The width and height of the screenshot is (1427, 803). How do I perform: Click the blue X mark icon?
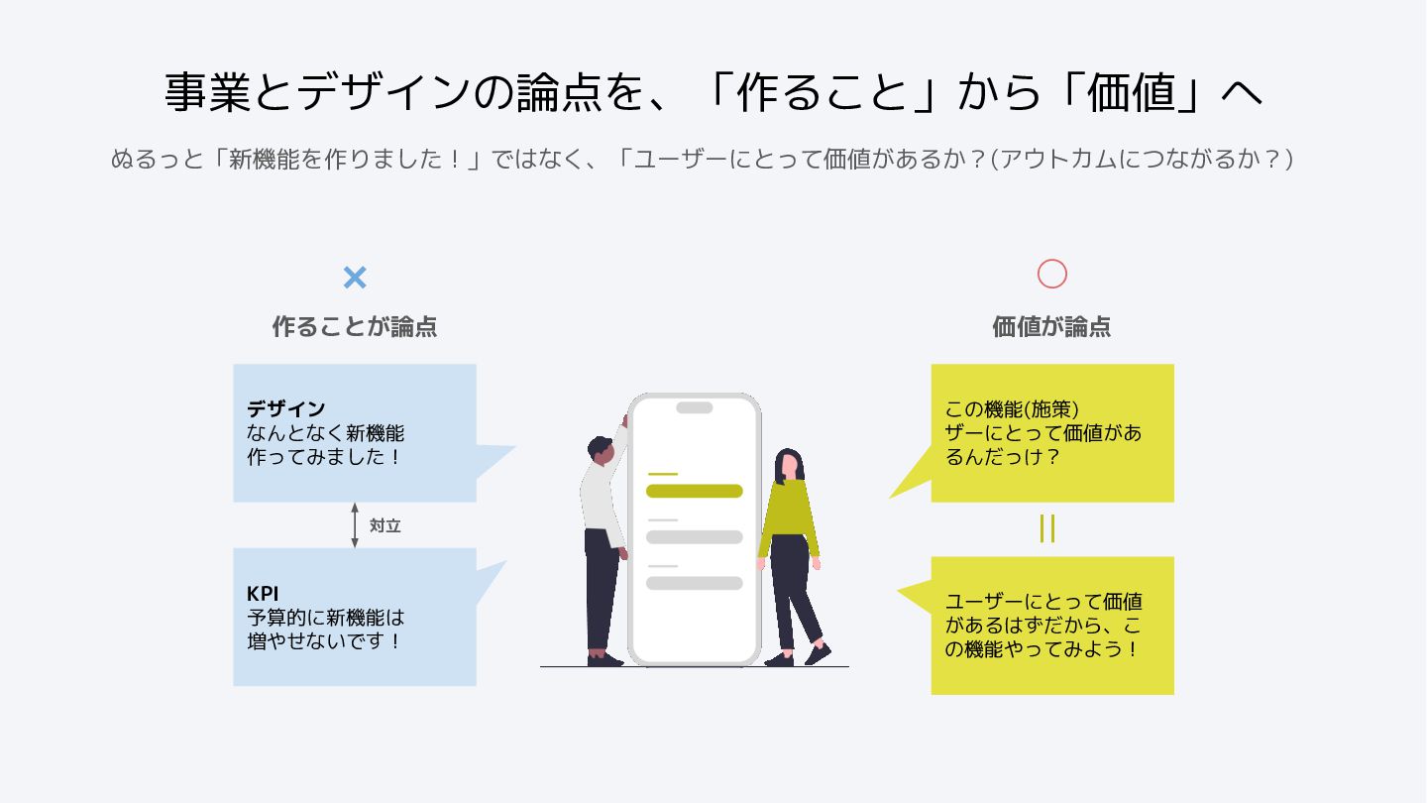tap(355, 278)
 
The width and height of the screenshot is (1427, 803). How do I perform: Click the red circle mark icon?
tap(1051, 274)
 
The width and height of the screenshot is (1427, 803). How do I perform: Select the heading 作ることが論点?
tap(355, 326)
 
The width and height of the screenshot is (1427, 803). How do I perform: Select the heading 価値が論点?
tap(1051, 326)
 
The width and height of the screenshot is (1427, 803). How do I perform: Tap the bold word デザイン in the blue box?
tap(286, 408)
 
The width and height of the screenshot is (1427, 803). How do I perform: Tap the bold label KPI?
tap(263, 593)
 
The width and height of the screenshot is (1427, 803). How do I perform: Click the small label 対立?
tap(384, 525)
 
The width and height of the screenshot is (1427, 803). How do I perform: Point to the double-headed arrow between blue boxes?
tap(355, 525)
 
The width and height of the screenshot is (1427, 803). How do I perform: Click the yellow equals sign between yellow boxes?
tap(1047, 529)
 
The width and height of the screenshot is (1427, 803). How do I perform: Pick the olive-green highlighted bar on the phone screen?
tap(694, 491)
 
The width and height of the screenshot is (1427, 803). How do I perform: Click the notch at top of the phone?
tap(694, 407)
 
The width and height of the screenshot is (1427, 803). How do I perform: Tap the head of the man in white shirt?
tap(602, 449)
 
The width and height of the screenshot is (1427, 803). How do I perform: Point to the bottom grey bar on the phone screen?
tap(694, 583)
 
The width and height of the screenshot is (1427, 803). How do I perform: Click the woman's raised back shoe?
tap(819, 653)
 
